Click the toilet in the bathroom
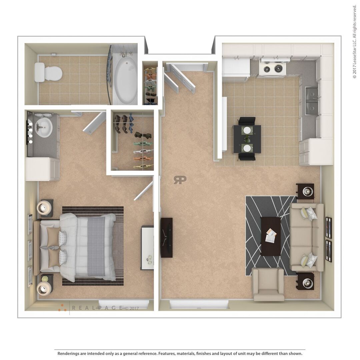point(48,73)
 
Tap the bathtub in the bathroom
point(125,79)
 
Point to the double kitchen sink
point(312,101)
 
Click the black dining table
point(247,139)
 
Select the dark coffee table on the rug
point(271,236)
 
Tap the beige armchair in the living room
point(268,284)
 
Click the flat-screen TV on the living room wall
point(166,238)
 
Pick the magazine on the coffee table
point(271,235)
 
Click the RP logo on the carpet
point(180,180)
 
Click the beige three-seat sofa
point(307,237)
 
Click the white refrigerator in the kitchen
point(236,70)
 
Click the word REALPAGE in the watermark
point(97,308)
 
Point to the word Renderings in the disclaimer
point(68,353)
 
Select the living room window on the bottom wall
point(199,304)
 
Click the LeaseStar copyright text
point(354,42)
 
